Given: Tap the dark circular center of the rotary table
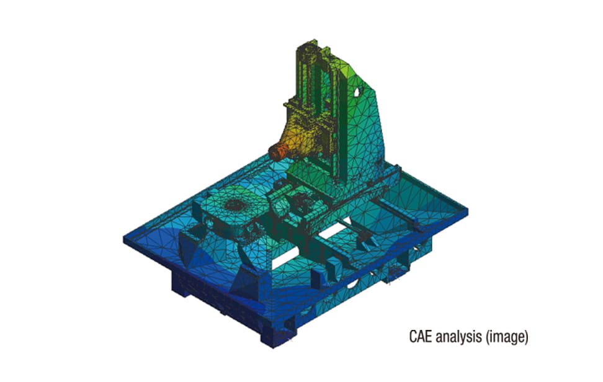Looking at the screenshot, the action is click(x=233, y=204).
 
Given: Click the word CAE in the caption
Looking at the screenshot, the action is click(x=420, y=336).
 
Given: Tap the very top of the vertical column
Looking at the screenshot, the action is click(x=315, y=40).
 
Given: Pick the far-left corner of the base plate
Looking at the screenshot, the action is click(x=124, y=238).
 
